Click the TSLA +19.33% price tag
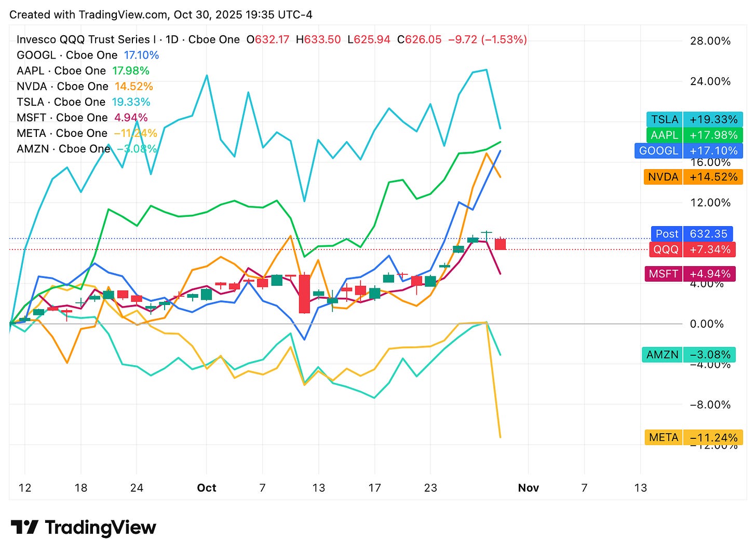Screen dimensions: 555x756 694,119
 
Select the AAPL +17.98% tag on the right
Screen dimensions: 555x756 694,135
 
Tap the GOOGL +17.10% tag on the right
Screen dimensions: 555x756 688,150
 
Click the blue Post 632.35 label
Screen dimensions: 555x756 692,234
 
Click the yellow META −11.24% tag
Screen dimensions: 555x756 693,437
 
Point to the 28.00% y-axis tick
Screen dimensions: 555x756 710,41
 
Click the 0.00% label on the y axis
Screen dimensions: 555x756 706,324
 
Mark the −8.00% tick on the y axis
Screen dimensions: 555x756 710,405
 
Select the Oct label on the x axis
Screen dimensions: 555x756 207,488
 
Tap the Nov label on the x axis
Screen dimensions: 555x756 528,488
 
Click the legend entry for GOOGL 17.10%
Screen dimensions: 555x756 88,55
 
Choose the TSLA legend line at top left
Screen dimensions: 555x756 83,102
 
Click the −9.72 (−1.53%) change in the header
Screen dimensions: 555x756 487,39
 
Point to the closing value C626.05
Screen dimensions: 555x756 419,39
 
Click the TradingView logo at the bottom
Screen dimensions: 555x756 83,528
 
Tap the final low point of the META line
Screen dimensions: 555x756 500,437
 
